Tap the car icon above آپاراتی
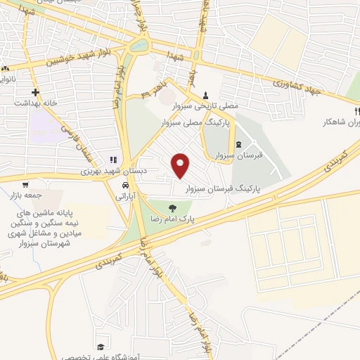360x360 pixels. point(124,185)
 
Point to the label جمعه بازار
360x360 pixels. point(28,195)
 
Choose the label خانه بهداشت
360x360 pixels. point(34,103)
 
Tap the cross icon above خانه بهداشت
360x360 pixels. point(34,91)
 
